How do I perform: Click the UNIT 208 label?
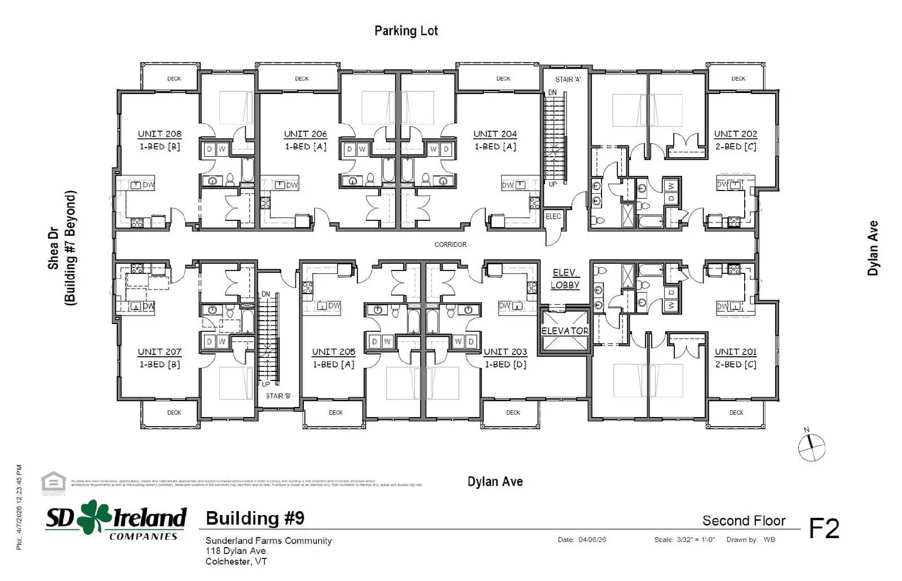160,134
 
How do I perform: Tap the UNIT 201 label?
736,352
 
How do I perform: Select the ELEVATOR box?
565,331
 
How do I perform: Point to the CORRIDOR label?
450,245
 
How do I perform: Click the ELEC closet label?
553,216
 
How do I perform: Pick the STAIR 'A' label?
568,79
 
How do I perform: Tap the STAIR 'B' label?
278,396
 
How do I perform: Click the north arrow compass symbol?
812,447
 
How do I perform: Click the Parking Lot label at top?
406,31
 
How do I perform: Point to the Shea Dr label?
54,248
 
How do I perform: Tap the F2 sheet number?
824,529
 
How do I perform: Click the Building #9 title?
255,518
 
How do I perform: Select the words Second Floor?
744,521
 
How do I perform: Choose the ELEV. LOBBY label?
565,279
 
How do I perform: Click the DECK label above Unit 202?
738,79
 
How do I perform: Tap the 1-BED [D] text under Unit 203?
506,364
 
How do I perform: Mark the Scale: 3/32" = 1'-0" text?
684,540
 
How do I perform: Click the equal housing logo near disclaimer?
54,482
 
